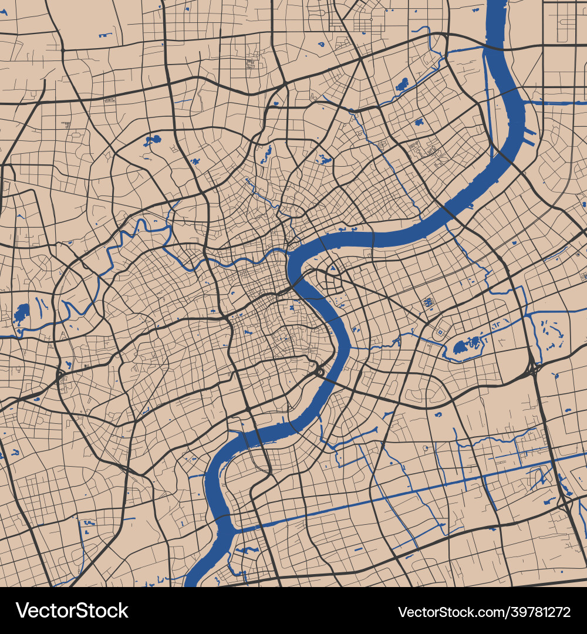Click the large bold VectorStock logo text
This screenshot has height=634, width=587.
click(72, 611)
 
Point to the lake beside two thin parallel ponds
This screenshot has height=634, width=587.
click(22, 313)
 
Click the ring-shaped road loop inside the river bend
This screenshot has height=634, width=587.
click(333, 283)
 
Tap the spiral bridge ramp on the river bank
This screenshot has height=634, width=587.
click(319, 372)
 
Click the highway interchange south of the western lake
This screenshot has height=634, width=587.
click(60, 373)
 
